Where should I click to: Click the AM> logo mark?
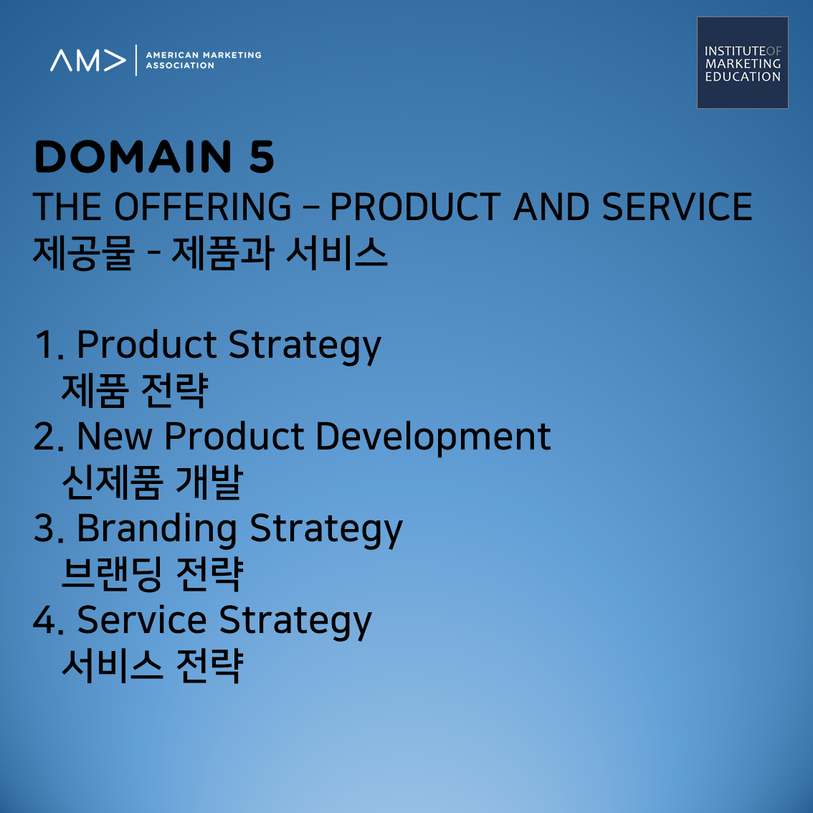(x=87, y=60)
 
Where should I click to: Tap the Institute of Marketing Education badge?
(x=743, y=63)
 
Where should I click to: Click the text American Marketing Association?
(x=204, y=60)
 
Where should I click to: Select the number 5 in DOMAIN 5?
(x=261, y=156)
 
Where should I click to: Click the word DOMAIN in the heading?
(x=133, y=156)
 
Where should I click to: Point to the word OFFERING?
(x=203, y=206)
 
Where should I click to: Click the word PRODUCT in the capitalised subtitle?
(x=415, y=206)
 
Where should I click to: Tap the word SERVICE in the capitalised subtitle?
(x=677, y=206)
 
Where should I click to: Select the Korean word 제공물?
(x=83, y=253)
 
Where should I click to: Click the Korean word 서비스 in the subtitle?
(x=336, y=253)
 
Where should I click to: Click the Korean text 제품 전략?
(x=135, y=391)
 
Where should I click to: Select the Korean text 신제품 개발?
(x=152, y=482)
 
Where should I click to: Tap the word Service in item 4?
(x=141, y=619)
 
